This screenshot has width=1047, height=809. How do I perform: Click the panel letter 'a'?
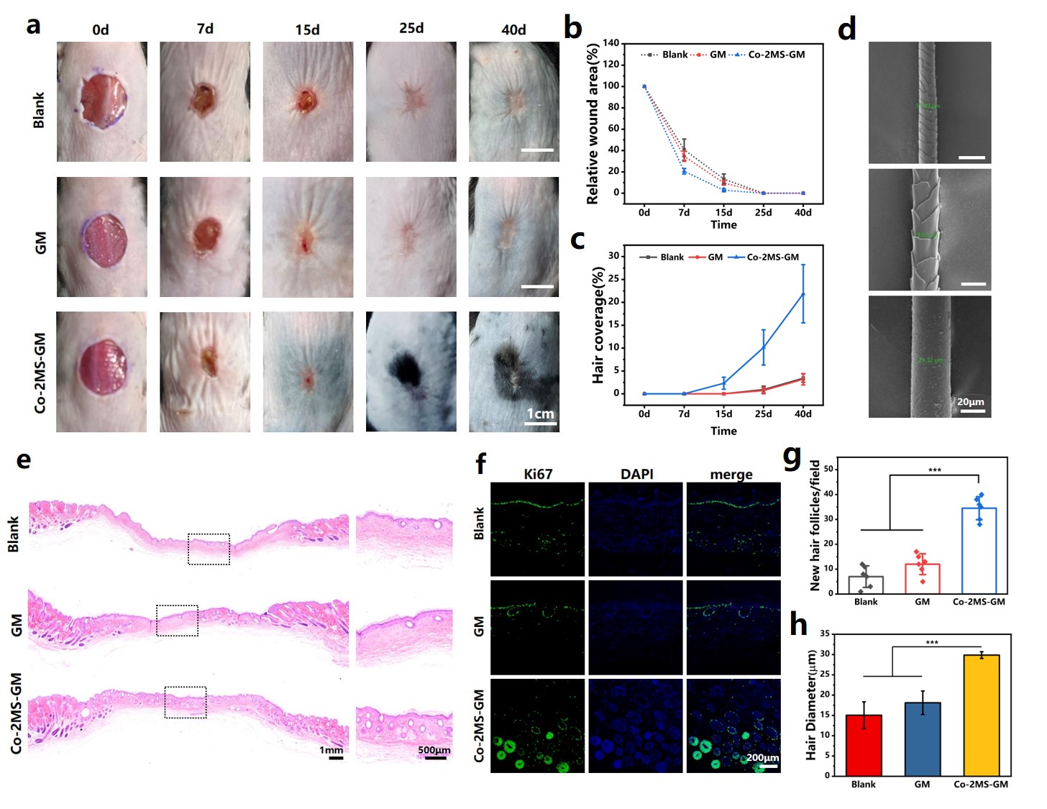(x=33, y=26)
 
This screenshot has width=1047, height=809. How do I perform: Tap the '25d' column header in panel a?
(x=411, y=28)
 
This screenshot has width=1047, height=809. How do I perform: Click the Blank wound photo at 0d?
(x=102, y=101)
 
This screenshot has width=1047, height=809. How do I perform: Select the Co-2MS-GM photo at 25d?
(x=411, y=371)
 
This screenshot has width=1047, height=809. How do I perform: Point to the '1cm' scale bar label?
(x=540, y=413)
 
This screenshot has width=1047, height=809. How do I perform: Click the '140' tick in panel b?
(x=611, y=43)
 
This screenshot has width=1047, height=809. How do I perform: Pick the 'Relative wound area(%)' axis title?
(x=593, y=124)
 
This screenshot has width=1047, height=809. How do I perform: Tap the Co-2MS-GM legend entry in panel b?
(x=775, y=55)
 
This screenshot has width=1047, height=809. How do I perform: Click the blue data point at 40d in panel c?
(x=803, y=294)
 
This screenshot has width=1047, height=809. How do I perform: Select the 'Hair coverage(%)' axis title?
(x=598, y=325)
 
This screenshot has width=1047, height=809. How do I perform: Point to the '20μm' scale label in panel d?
(x=970, y=402)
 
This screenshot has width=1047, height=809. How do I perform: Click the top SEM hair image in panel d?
(x=929, y=102)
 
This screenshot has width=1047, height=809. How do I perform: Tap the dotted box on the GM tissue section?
(x=177, y=620)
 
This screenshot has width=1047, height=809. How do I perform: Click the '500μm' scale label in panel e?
(x=434, y=750)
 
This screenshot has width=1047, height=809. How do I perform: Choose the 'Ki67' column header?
(x=538, y=474)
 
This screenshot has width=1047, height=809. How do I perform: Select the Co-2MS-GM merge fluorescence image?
(x=733, y=726)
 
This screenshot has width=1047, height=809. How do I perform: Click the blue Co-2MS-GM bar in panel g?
(x=979, y=550)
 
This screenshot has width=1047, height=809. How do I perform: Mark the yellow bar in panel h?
(x=981, y=715)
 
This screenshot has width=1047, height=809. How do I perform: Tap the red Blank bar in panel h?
(x=864, y=745)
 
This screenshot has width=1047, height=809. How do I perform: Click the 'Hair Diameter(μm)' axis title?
(x=811, y=705)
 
